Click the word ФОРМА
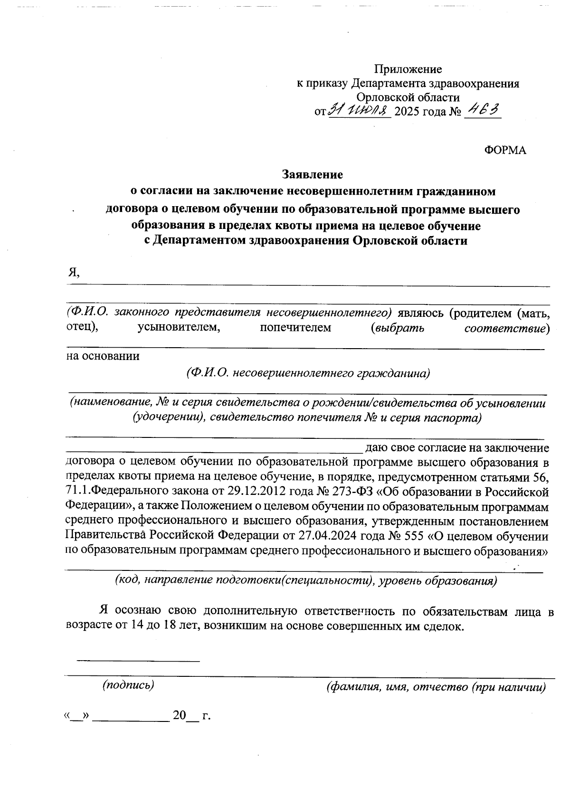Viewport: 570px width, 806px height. pos(505,151)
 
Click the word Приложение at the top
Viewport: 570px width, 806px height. pos(408,69)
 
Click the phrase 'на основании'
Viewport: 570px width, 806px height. pos(103,356)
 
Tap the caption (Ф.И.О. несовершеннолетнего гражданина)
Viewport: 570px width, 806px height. pos(308,373)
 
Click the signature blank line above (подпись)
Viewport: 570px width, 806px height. pos(138,660)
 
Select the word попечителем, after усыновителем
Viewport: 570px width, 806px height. pos(295,328)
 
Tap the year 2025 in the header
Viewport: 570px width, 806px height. pos(407,112)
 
